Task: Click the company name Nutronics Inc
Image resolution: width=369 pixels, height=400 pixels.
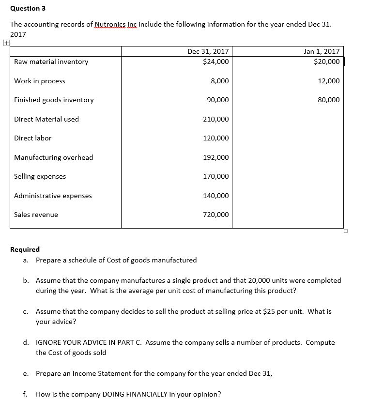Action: coord(116,24)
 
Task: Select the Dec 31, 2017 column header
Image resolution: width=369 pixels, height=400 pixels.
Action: coord(208,51)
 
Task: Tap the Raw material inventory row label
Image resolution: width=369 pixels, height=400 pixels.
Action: coord(51,62)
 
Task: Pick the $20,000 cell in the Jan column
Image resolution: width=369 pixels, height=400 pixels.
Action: coord(326,62)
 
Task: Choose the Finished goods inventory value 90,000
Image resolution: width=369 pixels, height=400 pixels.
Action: coord(216,100)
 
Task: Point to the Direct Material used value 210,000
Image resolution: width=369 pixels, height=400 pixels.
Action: coord(216,119)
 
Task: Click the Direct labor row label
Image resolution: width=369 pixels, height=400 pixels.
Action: coord(32,138)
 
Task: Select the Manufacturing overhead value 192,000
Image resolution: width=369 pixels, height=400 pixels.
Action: coord(216,157)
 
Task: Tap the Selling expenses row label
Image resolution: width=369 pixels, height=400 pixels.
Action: coord(40,176)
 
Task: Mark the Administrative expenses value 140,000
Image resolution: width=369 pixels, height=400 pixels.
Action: coord(216,196)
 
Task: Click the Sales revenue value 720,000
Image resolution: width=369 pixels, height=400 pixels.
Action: coord(216,215)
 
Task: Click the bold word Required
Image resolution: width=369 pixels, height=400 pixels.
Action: coord(25,249)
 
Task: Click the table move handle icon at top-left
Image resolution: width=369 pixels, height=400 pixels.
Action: coord(5,43)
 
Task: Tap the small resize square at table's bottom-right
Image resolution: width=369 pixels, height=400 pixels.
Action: coord(345,231)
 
